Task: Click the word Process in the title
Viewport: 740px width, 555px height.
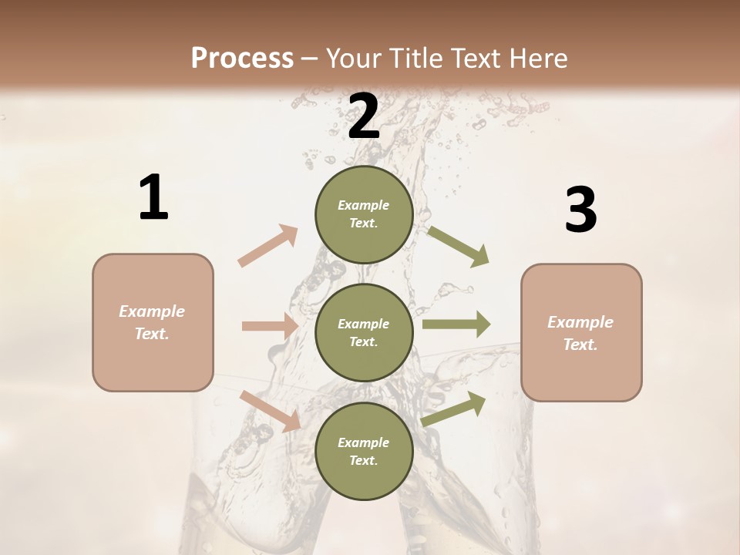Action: tap(242, 58)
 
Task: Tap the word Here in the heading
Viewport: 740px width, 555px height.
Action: tap(537, 58)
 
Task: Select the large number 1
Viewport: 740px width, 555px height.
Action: tap(153, 198)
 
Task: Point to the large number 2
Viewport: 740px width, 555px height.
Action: tap(364, 116)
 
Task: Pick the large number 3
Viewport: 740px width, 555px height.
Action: tap(580, 210)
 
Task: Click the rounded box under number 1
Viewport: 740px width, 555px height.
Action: tap(153, 322)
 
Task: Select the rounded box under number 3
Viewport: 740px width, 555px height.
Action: tap(581, 332)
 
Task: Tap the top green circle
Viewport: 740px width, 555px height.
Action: tap(364, 214)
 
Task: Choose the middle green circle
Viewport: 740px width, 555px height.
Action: tap(364, 332)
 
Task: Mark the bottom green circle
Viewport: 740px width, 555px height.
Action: tap(364, 451)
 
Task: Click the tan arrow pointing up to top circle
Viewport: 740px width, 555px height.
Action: tap(267, 246)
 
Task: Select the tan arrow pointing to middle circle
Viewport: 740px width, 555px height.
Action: tap(270, 326)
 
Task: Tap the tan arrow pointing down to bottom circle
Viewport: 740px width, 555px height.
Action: tap(271, 411)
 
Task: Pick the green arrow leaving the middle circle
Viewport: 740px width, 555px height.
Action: tap(456, 325)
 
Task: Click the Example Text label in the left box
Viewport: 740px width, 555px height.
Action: tap(152, 322)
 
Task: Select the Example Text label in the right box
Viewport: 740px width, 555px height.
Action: tap(580, 333)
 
